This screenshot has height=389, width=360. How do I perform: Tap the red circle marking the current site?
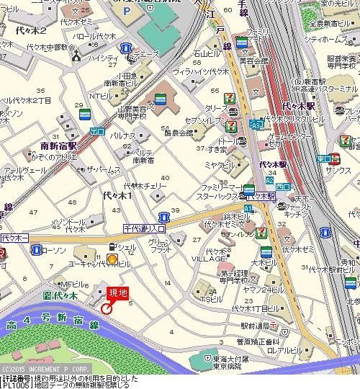[x=106, y=308]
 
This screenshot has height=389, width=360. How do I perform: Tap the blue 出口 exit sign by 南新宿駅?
[x=98, y=130]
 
